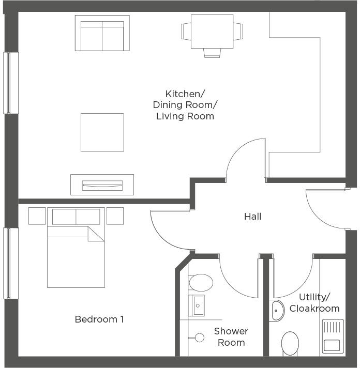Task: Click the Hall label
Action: (252, 217)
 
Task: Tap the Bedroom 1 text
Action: (99, 319)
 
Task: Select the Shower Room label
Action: (231, 336)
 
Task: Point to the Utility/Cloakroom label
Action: (314, 303)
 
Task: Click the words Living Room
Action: (185, 116)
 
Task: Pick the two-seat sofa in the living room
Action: (102, 33)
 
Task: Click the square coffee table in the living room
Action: (102, 132)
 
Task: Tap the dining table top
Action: (212, 32)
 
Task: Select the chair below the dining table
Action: (212, 53)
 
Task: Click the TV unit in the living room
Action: (102, 185)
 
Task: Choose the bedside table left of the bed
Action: (37, 216)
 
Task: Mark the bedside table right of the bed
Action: (115, 216)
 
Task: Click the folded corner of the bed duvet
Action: (96, 234)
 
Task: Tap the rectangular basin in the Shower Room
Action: (197, 305)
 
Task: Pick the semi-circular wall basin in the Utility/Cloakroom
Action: (277, 310)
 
